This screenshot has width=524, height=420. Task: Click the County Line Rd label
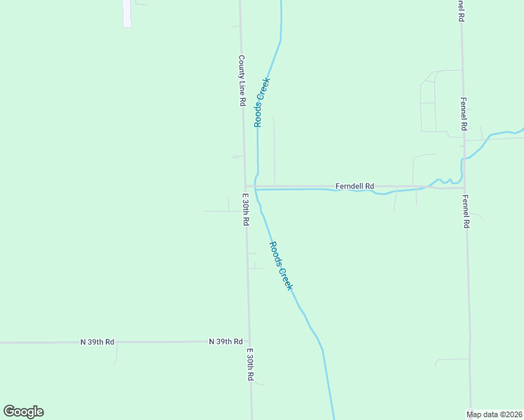(x=241, y=80)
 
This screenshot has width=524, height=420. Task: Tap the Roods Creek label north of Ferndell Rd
(x=261, y=102)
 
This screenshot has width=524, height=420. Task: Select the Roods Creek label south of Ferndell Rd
(x=281, y=265)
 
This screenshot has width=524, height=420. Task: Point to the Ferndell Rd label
(x=354, y=186)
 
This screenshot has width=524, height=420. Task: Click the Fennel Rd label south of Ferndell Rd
(x=466, y=211)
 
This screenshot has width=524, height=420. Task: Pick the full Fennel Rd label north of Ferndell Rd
(x=463, y=115)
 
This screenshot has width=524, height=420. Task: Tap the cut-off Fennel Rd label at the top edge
(x=461, y=11)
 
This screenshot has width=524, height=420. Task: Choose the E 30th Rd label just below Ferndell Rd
(x=246, y=209)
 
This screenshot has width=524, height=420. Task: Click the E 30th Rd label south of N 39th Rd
(x=250, y=365)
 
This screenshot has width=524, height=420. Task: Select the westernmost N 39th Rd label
(x=97, y=342)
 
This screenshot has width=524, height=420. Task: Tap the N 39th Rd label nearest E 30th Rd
(x=226, y=342)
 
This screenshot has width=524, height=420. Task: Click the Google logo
(x=23, y=412)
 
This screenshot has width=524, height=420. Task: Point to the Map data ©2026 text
(x=495, y=414)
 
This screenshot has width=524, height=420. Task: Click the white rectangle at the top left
(x=127, y=13)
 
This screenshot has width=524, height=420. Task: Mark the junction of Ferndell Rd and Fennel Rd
(x=464, y=187)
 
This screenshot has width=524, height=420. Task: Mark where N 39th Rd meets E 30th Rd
(x=248, y=342)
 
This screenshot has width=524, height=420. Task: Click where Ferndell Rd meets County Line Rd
(x=244, y=187)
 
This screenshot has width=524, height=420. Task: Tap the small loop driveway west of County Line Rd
(x=235, y=157)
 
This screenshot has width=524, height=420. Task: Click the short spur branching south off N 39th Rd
(x=116, y=353)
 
